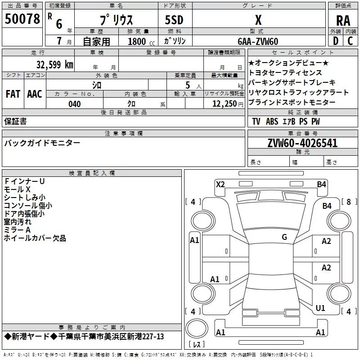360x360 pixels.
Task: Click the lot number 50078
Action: [x=22, y=19]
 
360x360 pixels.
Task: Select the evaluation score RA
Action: [x=343, y=21]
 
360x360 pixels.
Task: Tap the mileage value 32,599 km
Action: [x=54, y=64]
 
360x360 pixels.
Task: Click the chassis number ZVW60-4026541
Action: [x=302, y=143]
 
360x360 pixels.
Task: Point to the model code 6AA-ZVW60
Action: [x=258, y=41]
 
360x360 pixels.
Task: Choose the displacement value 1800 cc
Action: [x=141, y=41]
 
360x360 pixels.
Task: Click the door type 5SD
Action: [x=174, y=20]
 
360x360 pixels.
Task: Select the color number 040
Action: [x=74, y=104]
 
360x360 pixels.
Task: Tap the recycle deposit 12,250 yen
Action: [x=228, y=104]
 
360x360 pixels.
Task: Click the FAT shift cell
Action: [x=13, y=94]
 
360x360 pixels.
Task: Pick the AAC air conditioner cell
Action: [x=35, y=94]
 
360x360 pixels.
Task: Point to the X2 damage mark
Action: [x=220, y=184]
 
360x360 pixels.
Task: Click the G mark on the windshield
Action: [x=284, y=237]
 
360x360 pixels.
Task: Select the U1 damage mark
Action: [x=320, y=308]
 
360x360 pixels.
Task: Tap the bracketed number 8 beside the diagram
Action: [x=349, y=202]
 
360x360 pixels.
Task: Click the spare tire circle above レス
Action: [x=197, y=328]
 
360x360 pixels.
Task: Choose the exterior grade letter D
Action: [x=336, y=41]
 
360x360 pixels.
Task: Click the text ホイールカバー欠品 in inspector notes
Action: [x=35, y=238]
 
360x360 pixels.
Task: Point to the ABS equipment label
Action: [x=272, y=121]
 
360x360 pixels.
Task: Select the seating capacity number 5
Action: [x=188, y=85]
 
